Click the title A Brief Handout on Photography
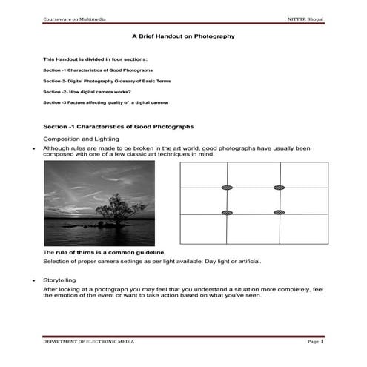183,36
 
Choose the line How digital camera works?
87,91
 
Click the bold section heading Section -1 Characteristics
119,128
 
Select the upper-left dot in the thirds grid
227,188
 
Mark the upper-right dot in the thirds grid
279,188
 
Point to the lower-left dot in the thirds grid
227,213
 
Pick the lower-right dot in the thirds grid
279,213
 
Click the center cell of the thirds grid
253,200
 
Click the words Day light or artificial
228,262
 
